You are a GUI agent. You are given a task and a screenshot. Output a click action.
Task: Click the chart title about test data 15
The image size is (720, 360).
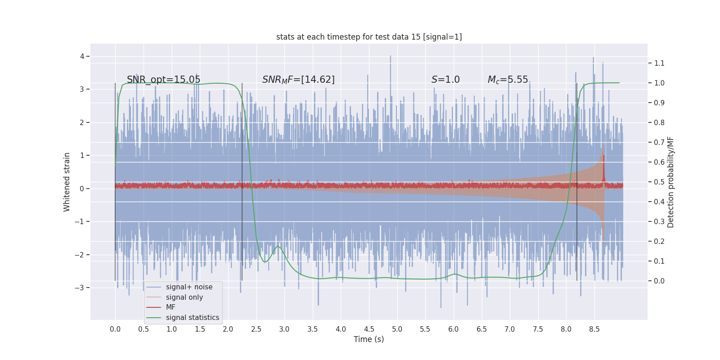[x=369, y=37]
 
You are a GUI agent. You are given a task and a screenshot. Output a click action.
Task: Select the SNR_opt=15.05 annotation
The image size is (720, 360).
[x=163, y=80]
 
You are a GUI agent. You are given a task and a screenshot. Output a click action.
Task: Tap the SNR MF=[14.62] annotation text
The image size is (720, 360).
[x=298, y=80]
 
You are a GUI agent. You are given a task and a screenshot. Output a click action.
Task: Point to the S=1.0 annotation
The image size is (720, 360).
[x=445, y=80]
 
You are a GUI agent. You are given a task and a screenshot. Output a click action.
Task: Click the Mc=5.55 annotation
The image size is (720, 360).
[x=508, y=80]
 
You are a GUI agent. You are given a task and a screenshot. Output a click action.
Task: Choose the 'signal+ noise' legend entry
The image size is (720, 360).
[x=189, y=287]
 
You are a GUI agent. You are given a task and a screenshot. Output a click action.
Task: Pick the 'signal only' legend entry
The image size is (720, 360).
[x=184, y=297]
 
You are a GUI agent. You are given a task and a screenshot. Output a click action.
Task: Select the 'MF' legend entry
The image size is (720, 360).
[x=171, y=307]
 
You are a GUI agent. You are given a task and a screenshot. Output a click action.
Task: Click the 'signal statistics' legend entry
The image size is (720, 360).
[x=192, y=318]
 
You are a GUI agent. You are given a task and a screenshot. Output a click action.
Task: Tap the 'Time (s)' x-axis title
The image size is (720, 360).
[x=369, y=339]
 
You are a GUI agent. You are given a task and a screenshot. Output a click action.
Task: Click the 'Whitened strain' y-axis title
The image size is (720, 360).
[x=67, y=182]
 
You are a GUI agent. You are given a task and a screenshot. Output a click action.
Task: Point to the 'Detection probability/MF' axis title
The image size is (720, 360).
[x=670, y=182]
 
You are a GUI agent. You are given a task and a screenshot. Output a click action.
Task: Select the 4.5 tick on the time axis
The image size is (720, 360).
[x=369, y=329]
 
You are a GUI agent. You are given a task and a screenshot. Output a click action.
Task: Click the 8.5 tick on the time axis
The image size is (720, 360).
[x=594, y=329]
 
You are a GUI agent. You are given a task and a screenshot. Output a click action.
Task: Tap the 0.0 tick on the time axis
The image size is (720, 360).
[x=115, y=329]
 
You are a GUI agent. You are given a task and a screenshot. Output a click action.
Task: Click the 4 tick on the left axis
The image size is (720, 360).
[x=82, y=56]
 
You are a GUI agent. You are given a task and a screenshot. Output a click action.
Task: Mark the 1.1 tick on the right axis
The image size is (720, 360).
[x=659, y=63]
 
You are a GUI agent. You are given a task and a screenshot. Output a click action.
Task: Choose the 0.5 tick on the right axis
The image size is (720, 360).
[x=659, y=182]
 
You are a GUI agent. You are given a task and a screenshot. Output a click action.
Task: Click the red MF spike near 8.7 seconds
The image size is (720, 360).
[x=603, y=166]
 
